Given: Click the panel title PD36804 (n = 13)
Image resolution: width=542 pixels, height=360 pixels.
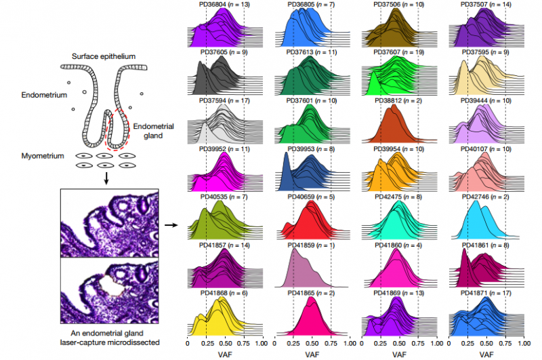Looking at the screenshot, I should pyautogui.click(x=224, y=4).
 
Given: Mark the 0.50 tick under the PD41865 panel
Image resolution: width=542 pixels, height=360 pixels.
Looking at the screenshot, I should pyautogui.click(x=312, y=344).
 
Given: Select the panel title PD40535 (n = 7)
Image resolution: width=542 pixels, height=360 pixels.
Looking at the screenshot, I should pyautogui.click(x=224, y=197).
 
